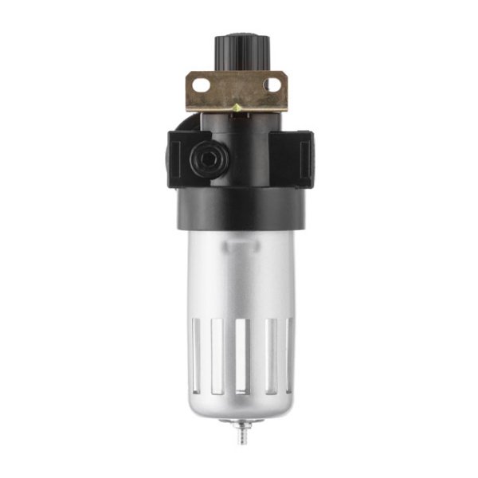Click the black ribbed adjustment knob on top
pos(237,52)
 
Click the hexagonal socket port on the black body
pos(209,159)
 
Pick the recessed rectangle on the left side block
pos(179,159)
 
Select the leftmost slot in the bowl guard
pos(193,355)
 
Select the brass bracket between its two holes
pos(237,88)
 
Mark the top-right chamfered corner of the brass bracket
pos(282,74)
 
